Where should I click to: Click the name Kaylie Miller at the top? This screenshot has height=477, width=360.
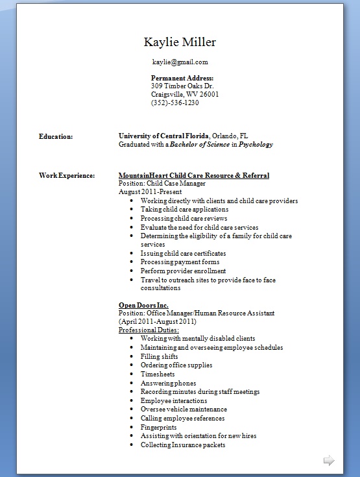tap(180, 43)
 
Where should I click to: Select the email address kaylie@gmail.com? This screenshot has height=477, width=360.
tap(180, 62)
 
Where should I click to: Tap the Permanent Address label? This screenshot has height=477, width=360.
tap(182, 78)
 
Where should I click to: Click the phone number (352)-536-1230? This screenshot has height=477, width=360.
tap(174, 103)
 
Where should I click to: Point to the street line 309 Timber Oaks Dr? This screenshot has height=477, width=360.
tap(182, 86)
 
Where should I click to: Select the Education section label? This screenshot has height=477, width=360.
tap(56, 136)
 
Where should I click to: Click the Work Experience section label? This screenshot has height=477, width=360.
tap(67, 176)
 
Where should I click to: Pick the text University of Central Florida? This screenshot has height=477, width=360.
tap(163, 136)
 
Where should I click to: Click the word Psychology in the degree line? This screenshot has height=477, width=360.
tap(256, 145)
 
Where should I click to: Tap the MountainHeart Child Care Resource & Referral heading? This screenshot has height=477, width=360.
tap(194, 176)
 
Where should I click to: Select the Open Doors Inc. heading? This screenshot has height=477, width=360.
tap(143, 305)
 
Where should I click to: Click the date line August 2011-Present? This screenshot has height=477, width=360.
tap(149, 192)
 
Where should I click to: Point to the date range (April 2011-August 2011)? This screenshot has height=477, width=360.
tap(158, 322)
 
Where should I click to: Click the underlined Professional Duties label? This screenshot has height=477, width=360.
tap(149, 330)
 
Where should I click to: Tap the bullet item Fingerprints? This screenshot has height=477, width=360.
tap(159, 428)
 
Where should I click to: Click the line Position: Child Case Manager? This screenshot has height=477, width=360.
tap(162, 184)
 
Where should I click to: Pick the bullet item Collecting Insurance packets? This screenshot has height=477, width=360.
tap(183, 445)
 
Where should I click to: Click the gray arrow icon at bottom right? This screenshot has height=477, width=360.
tap(329, 461)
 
